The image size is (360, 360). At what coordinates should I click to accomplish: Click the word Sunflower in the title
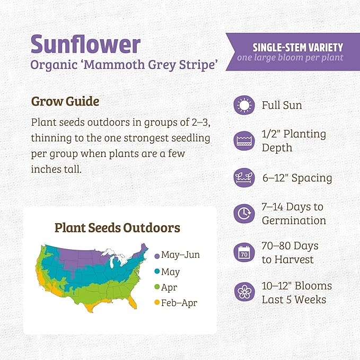[85, 45]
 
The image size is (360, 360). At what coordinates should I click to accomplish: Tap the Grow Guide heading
[65, 101]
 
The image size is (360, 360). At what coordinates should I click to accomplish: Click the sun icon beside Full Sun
[244, 105]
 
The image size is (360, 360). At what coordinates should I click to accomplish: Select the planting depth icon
[244, 141]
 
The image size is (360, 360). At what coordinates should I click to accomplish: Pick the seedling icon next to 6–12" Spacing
[244, 177]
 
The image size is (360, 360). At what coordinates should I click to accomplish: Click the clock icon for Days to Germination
[244, 213]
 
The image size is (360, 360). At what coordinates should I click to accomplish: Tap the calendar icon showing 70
[244, 252]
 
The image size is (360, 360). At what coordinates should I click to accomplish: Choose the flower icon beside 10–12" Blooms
[244, 292]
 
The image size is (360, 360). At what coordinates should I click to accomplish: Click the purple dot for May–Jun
[157, 256]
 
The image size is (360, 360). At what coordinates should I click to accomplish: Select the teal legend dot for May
[157, 272]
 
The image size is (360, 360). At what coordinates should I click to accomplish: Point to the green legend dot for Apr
[157, 288]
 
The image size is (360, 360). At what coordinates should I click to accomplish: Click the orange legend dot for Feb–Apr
[157, 304]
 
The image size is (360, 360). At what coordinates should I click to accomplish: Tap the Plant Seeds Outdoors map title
[117, 228]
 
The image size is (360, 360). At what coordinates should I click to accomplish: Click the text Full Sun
[282, 105]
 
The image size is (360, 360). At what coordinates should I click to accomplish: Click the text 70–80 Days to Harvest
[289, 253]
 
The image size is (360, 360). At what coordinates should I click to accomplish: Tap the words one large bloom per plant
[290, 58]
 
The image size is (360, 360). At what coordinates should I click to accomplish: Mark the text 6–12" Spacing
[297, 178]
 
